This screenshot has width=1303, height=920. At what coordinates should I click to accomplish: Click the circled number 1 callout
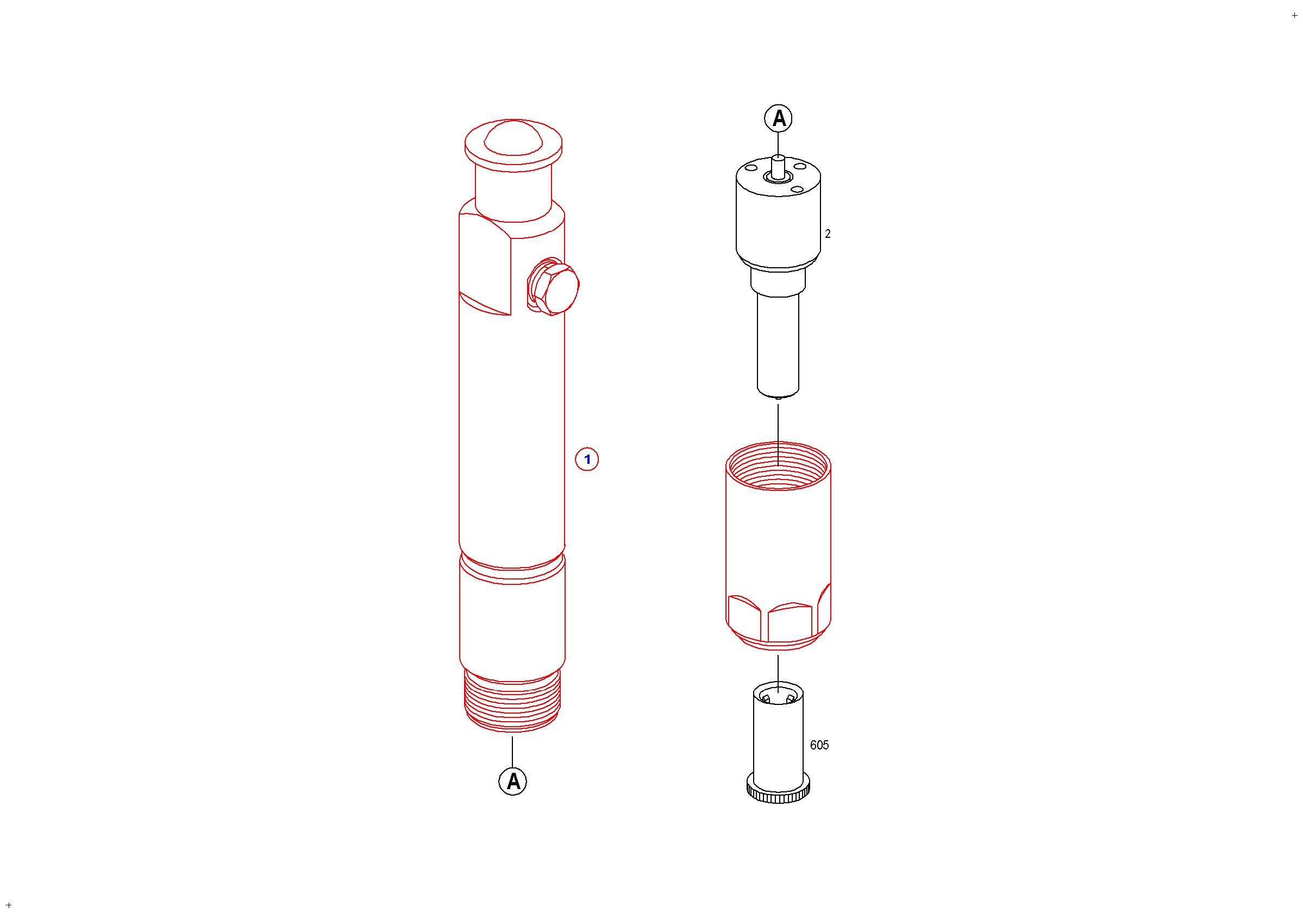pos(587,459)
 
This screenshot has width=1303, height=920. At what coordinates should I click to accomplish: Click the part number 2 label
pos(828,234)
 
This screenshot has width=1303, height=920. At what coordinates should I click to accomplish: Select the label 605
pos(819,745)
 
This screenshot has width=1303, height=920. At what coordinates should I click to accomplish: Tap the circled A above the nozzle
pos(778,118)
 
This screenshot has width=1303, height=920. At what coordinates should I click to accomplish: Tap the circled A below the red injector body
pos(512,782)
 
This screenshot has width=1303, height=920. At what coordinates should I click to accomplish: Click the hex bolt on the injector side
pos(553,287)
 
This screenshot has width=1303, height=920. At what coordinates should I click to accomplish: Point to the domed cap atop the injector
pos(513,138)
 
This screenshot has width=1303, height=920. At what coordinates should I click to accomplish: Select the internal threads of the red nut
pos(778,466)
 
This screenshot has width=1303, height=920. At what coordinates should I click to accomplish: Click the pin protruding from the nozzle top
pos(778,167)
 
